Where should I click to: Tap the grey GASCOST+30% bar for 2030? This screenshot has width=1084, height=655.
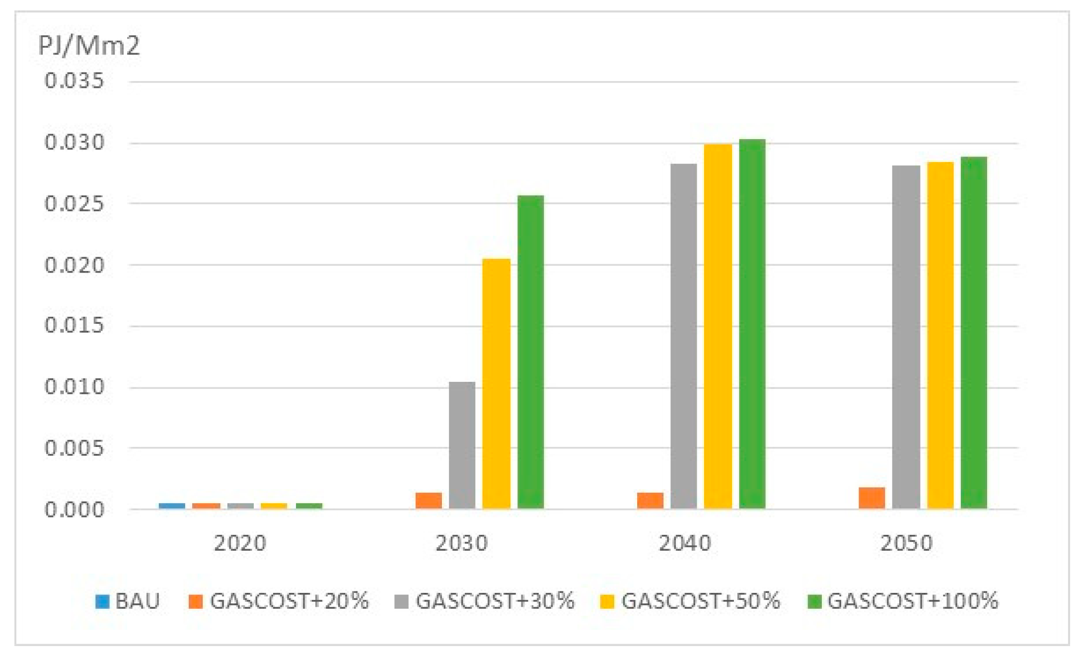tap(462, 445)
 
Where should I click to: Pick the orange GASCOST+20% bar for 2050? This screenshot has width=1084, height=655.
tap(871, 498)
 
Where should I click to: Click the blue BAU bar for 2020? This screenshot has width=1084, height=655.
tap(172, 506)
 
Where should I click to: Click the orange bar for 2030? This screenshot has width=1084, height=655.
tap(429, 501)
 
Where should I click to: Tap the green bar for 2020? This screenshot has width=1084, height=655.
tap(309, 506)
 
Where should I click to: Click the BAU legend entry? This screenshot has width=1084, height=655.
tap(128, 601)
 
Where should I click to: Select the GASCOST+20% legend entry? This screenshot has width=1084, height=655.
tap(279, 601)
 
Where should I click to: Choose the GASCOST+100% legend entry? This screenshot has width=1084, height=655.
tap(903, 601)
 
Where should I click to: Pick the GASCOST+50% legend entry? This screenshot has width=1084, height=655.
tap(690, 601)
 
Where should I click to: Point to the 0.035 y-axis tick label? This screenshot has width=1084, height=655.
tap(74, 80)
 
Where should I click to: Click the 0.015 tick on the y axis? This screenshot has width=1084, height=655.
tap(74, 326)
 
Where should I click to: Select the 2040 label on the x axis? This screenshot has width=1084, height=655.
tap(685, 543)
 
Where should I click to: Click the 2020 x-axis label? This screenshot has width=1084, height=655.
tap(240, 543)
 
